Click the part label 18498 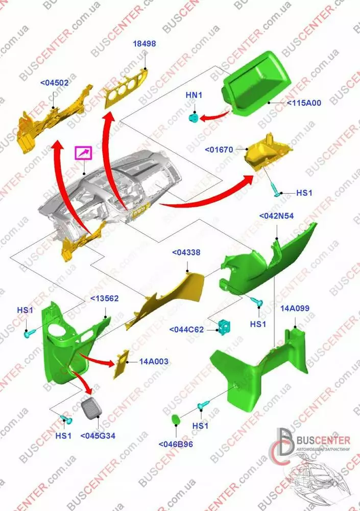click(x=145, y=43)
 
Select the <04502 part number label click(x=55, y=83)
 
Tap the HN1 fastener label click(x=194, y=95)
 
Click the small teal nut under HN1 click(x=194, y=118)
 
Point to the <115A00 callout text click(x=304, y=103)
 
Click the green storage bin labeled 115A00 click(x=256, y=84)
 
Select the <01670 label click(x=219, y=150)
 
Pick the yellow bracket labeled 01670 click(x=268, y=152)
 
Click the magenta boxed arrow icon click(x=84, y=153)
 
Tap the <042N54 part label click(x=276, y=216)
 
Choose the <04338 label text click(x=186, y=252)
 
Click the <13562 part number click(x=104, y=298)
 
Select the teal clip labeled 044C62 click(x=224, y=327)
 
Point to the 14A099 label click(x=295, y=308)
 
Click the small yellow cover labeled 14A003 click(x=121, y=364)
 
